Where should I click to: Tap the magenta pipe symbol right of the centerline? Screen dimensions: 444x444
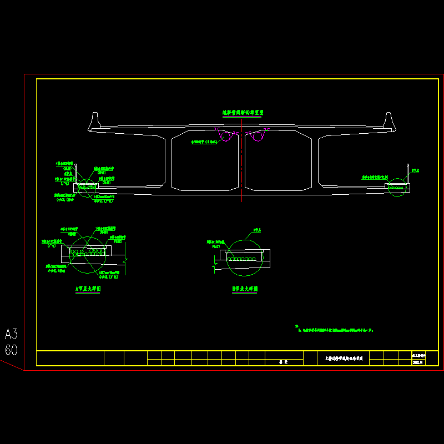(257, 135)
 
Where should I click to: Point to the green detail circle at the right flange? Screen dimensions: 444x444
(396, 187)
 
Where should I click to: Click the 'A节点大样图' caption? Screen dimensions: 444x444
(88, 289)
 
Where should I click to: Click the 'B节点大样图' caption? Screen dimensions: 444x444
(245, 289)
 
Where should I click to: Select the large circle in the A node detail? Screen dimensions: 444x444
(88, 254)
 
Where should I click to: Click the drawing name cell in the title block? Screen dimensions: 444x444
(343, 359)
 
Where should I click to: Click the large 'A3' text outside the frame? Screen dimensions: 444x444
(11, 334)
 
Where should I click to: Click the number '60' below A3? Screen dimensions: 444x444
(11, 350)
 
